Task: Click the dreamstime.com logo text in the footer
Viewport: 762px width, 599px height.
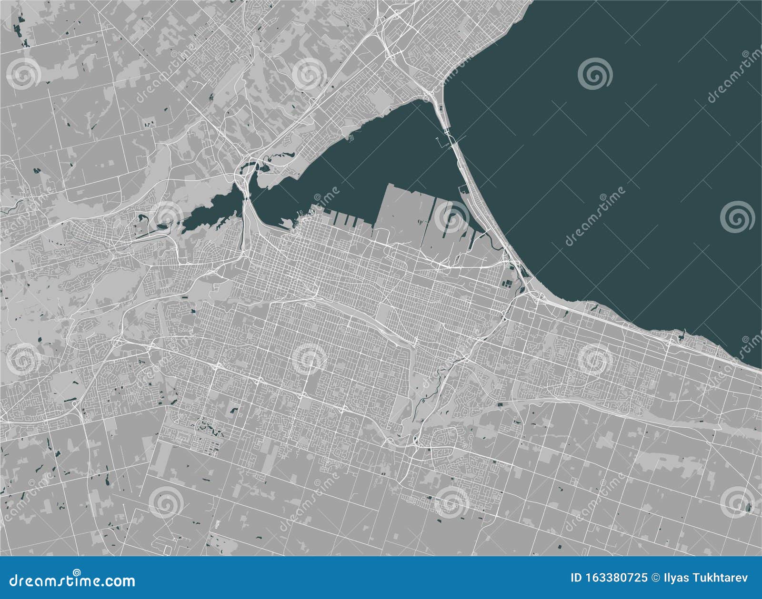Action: (73, 581)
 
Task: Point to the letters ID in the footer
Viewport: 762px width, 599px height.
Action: (576, 578)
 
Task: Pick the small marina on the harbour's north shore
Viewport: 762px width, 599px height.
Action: (352, 138)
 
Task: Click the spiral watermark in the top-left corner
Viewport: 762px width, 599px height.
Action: (24, 74)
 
